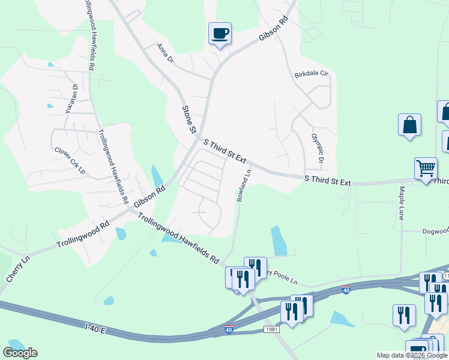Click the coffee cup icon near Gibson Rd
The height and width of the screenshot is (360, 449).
coord(220,33)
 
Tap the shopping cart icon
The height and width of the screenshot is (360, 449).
coord(426,169)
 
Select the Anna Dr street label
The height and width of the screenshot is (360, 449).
coord(165,52)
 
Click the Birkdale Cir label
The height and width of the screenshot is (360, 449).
coord(312,75)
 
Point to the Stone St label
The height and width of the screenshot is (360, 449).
coord(189,119)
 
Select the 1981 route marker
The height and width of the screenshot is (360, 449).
coord(271,330)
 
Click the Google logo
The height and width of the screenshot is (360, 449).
coord(20,352)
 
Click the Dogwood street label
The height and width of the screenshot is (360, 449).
coord(433,231)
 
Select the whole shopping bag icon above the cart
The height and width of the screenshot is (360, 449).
coord(409,125)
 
